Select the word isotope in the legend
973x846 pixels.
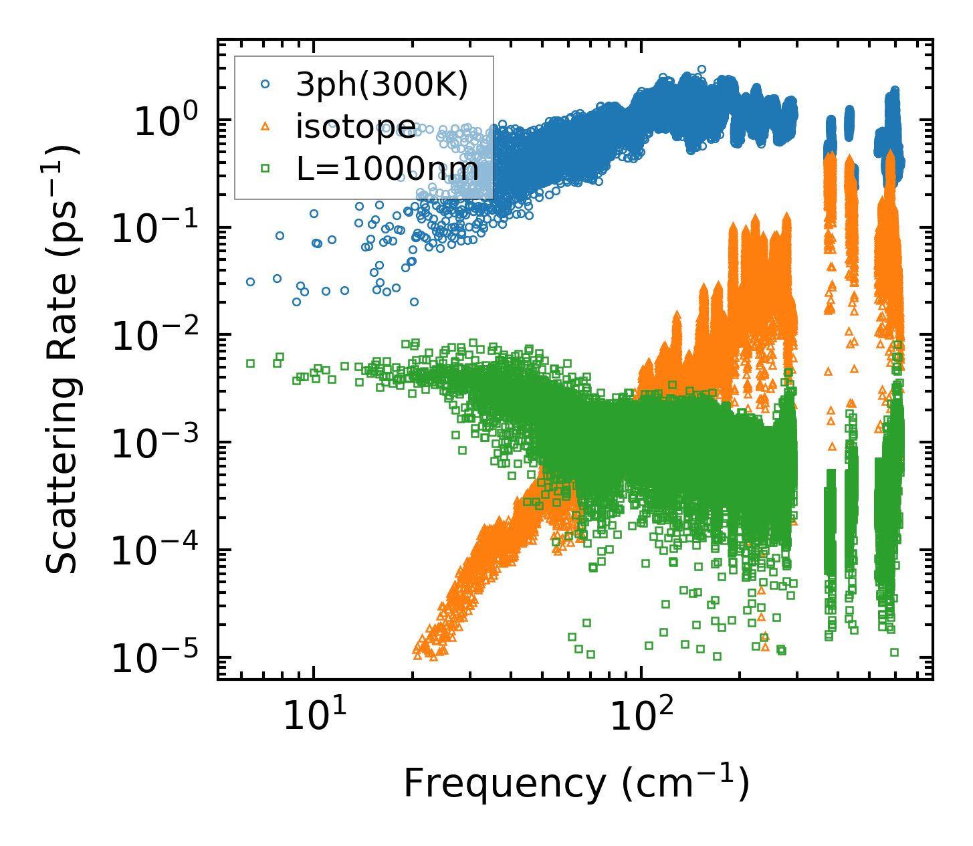(x=356, y=127)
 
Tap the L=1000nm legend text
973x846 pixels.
(x=388, y=170)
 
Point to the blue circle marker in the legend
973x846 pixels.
(x=265, y=84)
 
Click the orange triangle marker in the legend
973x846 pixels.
(x=265, y=126)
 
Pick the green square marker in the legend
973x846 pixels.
(x=265, y=169)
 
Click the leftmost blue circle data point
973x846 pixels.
(x=250, y=282)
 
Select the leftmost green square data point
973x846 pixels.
(x=250, y=363)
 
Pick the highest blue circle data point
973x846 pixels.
(x=701, y=69)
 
